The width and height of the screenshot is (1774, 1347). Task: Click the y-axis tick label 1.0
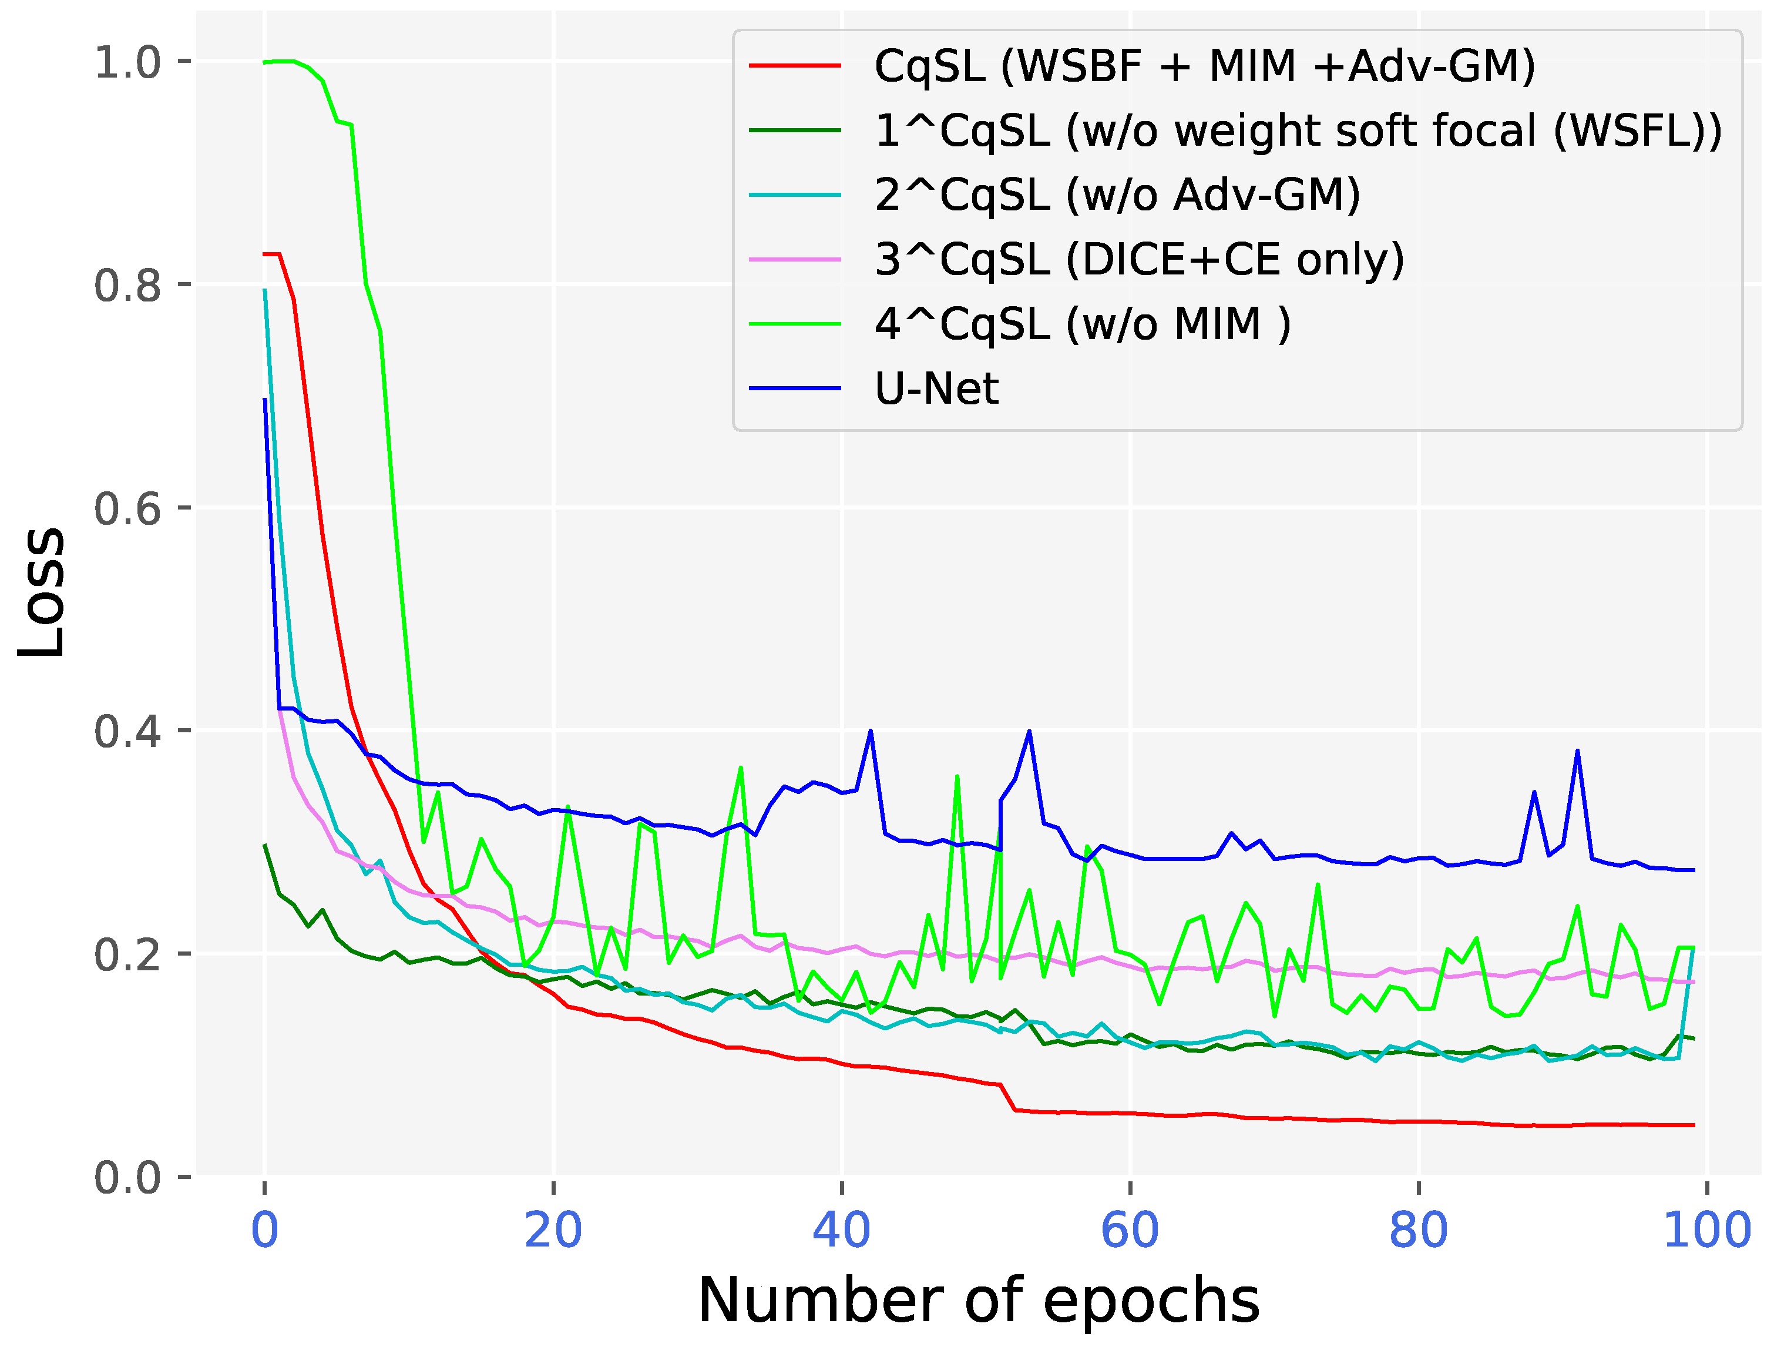point(127,62)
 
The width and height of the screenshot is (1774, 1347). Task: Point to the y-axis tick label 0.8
point(127,285)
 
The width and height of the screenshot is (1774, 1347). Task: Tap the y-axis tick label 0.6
point(127,508)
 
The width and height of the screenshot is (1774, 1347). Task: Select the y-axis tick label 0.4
point(127,732)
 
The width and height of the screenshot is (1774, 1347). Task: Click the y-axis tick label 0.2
point(127,954)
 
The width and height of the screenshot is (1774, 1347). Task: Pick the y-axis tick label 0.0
point(127,1178)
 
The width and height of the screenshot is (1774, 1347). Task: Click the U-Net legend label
point(936,389)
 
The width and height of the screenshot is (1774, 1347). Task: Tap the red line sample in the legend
point(795,66)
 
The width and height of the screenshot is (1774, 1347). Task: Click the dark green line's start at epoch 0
point(265,845)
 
